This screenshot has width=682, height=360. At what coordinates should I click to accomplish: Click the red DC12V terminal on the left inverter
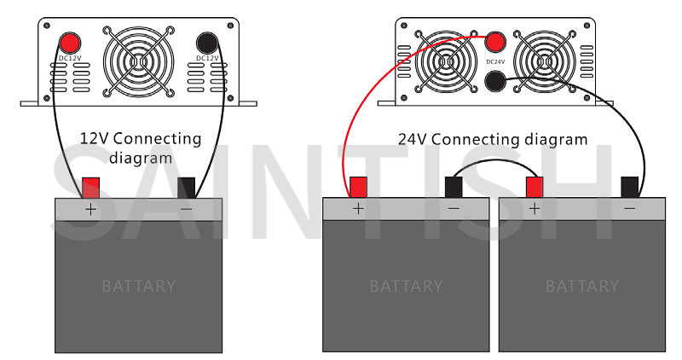(69, 44)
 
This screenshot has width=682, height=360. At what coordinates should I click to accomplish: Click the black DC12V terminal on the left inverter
(207, 44)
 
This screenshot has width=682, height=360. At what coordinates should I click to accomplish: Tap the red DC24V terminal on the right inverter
(495, 42)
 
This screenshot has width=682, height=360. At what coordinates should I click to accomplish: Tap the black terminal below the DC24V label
(495, 81)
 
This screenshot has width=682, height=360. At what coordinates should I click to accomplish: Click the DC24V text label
(495, 61)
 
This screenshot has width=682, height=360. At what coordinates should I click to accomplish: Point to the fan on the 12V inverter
(139, 61)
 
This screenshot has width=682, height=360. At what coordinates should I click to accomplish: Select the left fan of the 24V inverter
(445, 61)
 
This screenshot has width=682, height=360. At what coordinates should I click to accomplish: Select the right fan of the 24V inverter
(544, 61)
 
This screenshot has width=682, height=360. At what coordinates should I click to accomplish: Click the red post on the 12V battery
(91, 188)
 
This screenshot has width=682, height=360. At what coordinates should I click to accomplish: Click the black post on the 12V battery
(186, 188)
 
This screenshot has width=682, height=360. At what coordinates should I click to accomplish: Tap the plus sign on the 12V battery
(90, 210)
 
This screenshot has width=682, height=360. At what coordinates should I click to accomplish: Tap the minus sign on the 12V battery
(186, 210)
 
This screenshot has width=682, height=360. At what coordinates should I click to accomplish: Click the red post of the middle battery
(358, 187)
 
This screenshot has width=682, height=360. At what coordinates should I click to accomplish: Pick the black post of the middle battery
(454, 187)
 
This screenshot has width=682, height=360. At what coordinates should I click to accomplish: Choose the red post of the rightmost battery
(535, 187)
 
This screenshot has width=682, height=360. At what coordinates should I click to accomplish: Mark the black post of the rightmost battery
(630, 187)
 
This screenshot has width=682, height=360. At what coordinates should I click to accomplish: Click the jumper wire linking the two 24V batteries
(494, 160)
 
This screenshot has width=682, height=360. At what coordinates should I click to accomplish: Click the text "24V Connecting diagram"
(493, 140)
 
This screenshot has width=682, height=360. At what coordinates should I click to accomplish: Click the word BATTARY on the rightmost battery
(582, 287)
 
